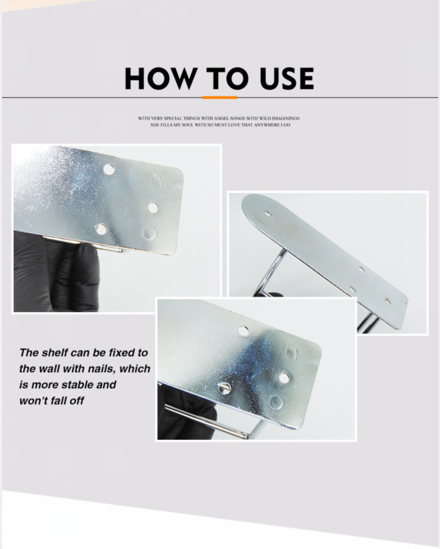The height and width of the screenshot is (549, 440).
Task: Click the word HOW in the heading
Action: [161, 78]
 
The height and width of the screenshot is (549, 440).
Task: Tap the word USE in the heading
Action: [287, 78]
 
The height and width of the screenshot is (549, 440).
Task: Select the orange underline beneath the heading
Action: [219, 98]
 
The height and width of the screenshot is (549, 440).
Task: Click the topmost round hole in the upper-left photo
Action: [109, 170]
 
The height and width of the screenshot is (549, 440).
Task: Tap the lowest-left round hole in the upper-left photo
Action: [101, 230]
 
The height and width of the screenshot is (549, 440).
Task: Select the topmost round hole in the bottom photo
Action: [243, 331]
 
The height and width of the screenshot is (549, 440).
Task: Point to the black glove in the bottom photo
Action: [186, 413]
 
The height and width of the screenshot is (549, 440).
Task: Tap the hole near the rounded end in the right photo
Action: [268, 212]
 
